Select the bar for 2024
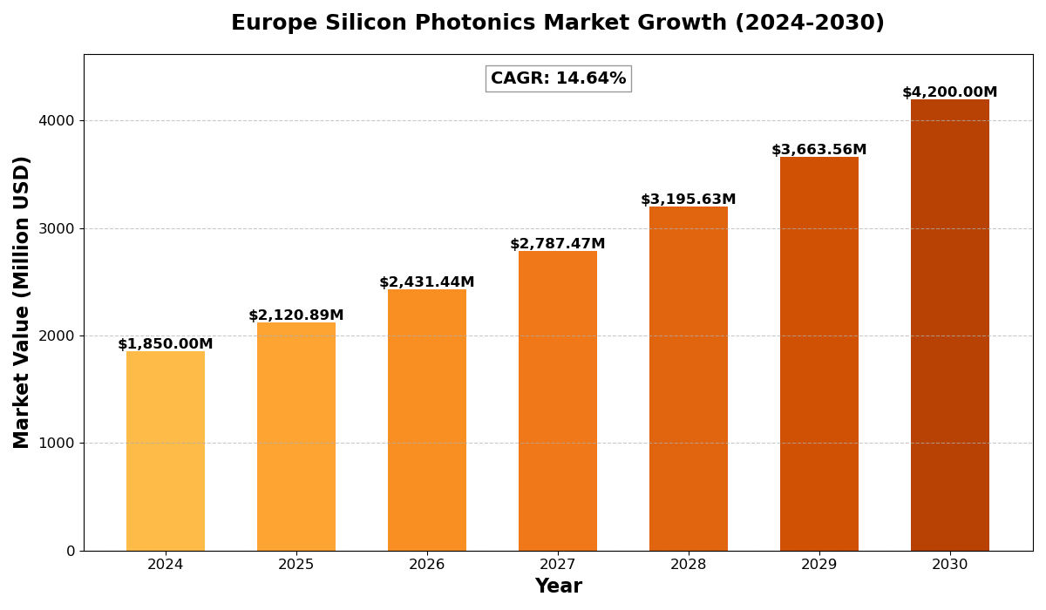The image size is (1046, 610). pos(166,451)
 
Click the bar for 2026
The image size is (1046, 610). pos(427,420)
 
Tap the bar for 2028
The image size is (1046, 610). pos(689,378)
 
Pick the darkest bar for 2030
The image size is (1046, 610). pos(950,325)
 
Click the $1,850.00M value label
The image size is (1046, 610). pos(166,344)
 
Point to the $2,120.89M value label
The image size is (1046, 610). pos(296,315)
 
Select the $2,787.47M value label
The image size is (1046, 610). pos(558,244)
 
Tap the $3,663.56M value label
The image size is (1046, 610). pos(819,150)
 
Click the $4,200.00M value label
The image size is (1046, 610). pos(950,92)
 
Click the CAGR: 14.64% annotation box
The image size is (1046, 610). pos(558,78)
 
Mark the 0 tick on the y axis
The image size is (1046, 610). pos(71,551)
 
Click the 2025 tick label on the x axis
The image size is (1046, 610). pos(296,565)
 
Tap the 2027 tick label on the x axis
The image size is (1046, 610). pos(558,565)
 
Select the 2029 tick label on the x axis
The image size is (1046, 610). pos(819,565)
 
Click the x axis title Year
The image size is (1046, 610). pos(558,586)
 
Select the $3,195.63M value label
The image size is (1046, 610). pos(689,200)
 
